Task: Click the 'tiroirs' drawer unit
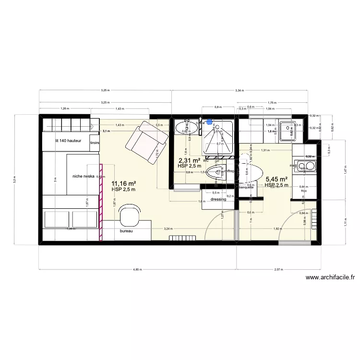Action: (x=95, y=142)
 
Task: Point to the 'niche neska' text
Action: (x=84, y=176)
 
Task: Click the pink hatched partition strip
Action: (x=101, y=201)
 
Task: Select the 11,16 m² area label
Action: (x=124, y=183)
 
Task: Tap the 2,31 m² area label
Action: (x=190, y=161)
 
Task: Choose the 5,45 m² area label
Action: (x=276, y=179)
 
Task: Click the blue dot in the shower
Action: (x=208, y=122)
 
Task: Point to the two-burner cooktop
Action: (x=306, y=167)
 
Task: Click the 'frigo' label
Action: (x=303, y=191)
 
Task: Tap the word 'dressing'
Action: (x=218, y=199)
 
